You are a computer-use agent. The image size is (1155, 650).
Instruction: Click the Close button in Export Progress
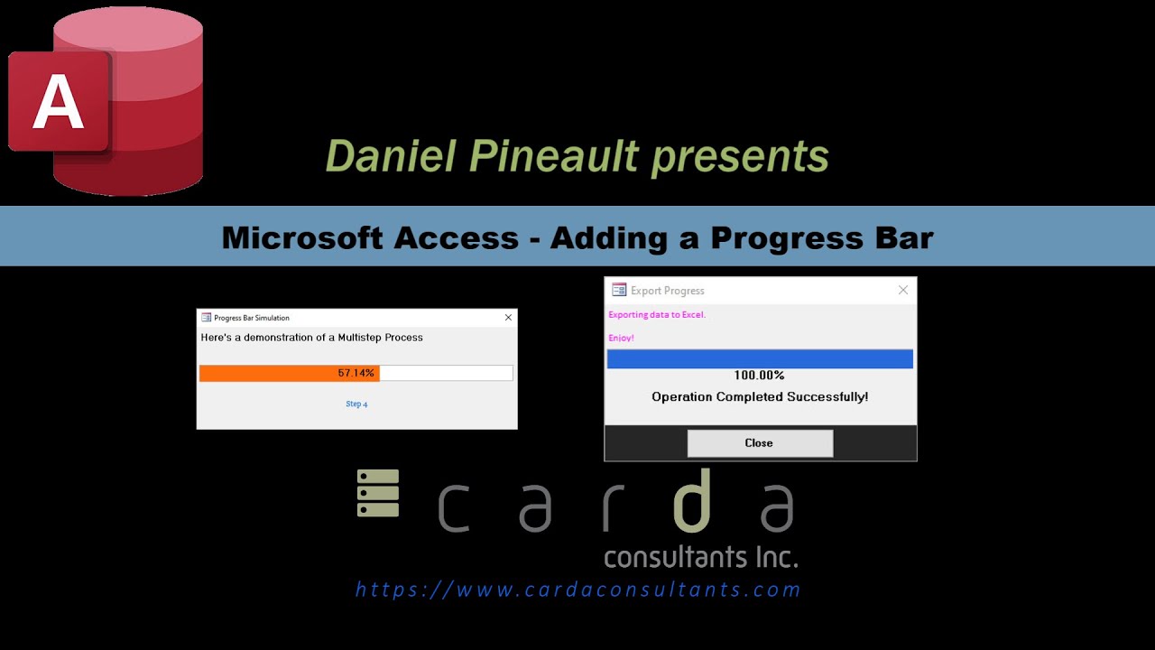pos(760,443)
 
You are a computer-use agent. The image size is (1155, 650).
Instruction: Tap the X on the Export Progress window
pos(903,290)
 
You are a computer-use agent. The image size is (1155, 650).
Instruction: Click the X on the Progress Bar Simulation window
pos(508,318)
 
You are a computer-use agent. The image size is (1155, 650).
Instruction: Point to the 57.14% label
pos(356,373)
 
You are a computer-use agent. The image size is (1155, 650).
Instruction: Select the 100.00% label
pos(759,376)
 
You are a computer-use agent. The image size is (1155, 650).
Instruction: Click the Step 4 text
pos(356,404)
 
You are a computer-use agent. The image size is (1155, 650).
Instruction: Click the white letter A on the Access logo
pos(58,101)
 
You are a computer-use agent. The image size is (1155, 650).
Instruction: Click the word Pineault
pos(555,156)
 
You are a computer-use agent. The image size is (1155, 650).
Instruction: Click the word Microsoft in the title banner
pos(303,237)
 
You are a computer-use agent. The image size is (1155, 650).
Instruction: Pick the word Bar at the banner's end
pos(897,237)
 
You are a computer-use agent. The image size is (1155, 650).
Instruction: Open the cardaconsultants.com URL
pos(578,590)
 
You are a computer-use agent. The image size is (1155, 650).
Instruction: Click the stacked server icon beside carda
pos(378,493)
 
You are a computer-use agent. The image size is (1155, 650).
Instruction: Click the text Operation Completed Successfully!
pos(760,397)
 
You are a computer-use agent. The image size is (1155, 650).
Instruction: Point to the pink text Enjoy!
pos(621,339)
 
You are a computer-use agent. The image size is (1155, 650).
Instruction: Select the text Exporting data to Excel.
pos(657,315)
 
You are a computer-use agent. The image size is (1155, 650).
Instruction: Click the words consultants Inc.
pos(700,556)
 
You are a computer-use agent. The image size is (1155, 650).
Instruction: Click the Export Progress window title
pos(668,291)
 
